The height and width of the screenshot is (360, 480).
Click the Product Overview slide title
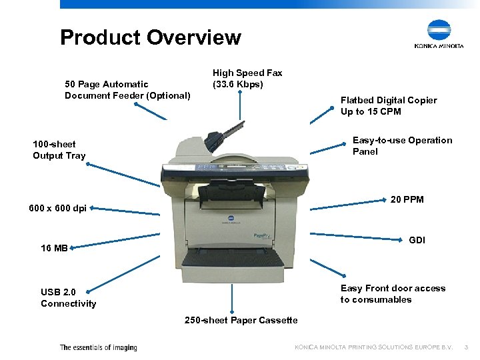[150, 37]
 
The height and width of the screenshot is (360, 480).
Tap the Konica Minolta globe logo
[439, 30]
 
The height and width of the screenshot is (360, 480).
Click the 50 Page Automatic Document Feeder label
[127, 90]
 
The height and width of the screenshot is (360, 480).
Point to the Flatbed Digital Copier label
[389, 106]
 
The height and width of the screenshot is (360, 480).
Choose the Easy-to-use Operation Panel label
[402, 146]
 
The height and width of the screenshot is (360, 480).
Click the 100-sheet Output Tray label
[59, 150]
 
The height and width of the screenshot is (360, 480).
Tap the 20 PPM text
[407, 199]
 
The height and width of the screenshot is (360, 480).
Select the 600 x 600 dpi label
[58, 208]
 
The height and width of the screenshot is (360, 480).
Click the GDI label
[417, 240]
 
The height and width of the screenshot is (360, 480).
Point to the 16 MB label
[54, 249]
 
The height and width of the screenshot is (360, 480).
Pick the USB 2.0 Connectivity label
[68, 298]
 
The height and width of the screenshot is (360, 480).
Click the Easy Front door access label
[393, 294]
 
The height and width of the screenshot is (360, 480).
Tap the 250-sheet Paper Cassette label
[241, 321]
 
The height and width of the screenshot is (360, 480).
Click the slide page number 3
[467, 347]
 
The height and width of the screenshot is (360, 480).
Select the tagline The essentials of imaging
[98, 347]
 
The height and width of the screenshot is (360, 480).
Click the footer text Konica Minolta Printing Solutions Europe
[373, 347]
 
